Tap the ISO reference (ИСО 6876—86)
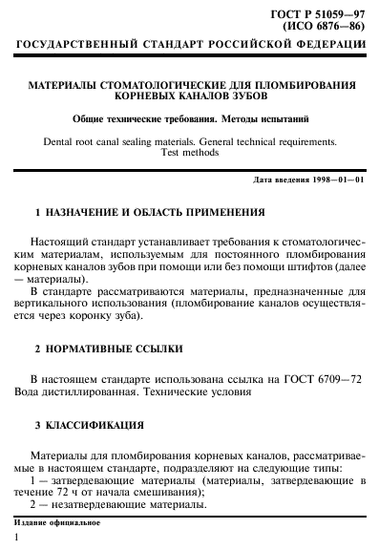(x=329, y=28)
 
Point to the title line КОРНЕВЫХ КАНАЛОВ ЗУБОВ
(x=189, y=97)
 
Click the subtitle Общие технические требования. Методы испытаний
(x=189, y=119)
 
